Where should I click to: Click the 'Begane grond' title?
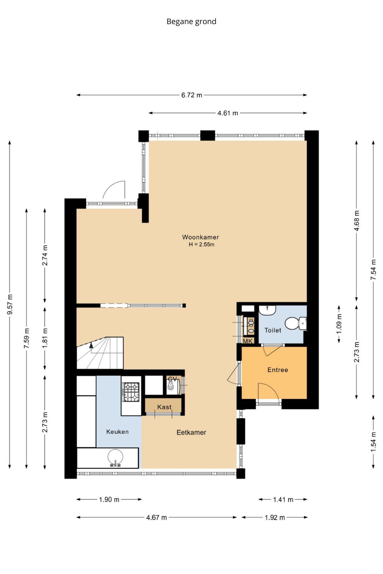(x=191, y=21)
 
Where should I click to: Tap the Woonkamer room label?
(x=200, y=237)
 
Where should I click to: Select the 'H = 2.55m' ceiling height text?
(x=201, y=245)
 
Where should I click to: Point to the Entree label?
(x=278, y=370)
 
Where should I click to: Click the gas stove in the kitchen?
(x=131, y=392)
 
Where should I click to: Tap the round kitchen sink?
(x=115, y=457)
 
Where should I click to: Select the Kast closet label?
(x=164, y=407)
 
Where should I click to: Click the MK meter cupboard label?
(x=248, y=341)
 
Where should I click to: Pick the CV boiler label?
(x=173, y=379)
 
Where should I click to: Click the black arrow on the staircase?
(x=91, y=345)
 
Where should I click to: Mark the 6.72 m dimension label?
(x=191, y=95)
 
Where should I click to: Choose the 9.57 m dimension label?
(x=10, y=304)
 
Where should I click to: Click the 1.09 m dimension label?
(x=339, y=324)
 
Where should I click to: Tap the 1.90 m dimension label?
(x=109, y=499)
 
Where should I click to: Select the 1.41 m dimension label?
(x=283, y=499)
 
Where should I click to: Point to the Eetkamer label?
(x=191, y=432)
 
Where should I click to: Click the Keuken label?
(x=117, y=432)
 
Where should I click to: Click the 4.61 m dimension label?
(x=228, y=113)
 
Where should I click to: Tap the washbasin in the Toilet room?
(x=267, y=310)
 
